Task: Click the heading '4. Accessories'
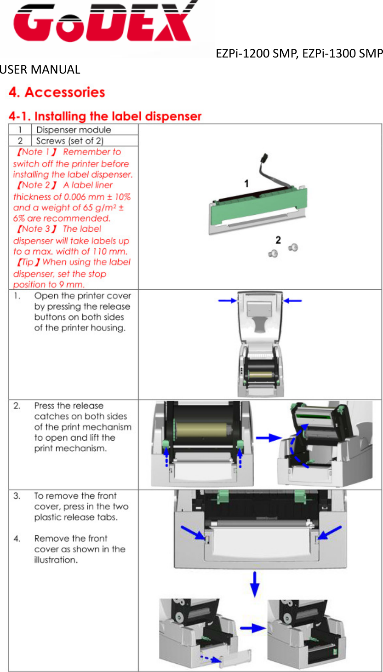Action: click(x=57, y=92)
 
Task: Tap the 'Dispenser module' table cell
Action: click(x=74, y=130)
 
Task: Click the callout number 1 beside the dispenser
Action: click(x=246, y=184)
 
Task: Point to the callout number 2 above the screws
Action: click(x=278, y=240)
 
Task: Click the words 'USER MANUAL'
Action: click(x=40, y=70)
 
